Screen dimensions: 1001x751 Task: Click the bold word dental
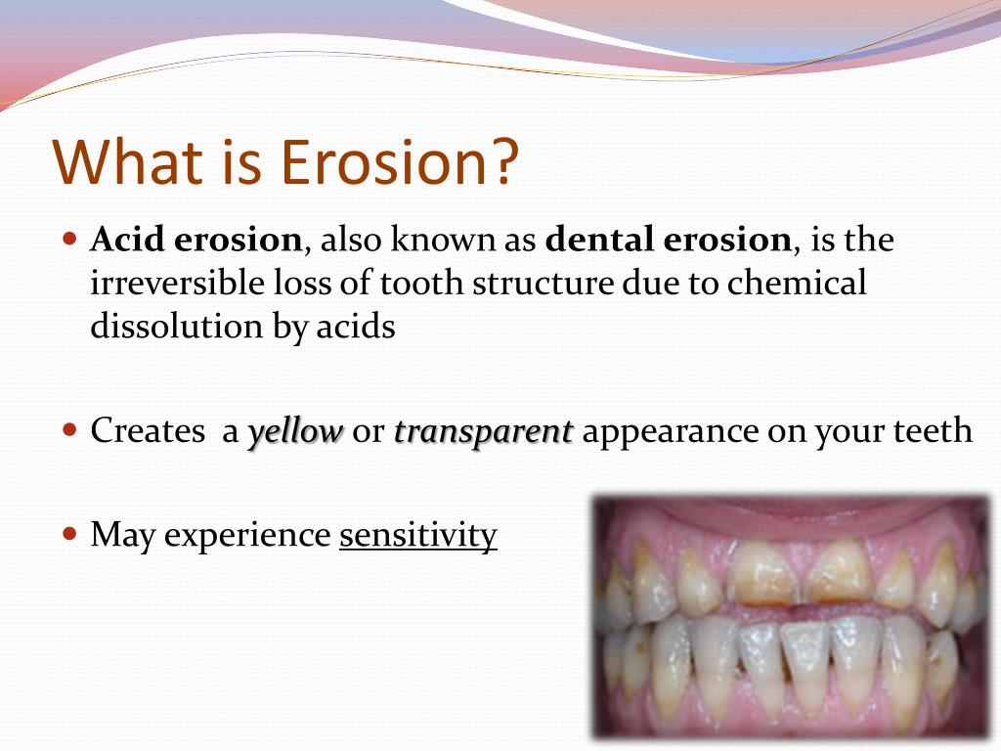pyautogui.click(x=599, y=240)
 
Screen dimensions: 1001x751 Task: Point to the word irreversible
pyautogui.click(x=177, y=283)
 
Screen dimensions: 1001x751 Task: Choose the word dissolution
pyautogui.click(x=176, y=327)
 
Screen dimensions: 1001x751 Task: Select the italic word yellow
pyautogui.click(x=295, y=431)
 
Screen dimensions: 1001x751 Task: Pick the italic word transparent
pyautogui.click(x=483, y=431)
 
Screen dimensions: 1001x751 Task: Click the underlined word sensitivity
pyautogui.click(x=418, y=535)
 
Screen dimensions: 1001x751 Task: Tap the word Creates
pyautogui.click(x=148, y=430)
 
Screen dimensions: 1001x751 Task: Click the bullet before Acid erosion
pyautogui.click(x=70, y=241)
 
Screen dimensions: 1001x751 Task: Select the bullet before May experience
pyautogui.click(x=70, y=533)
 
